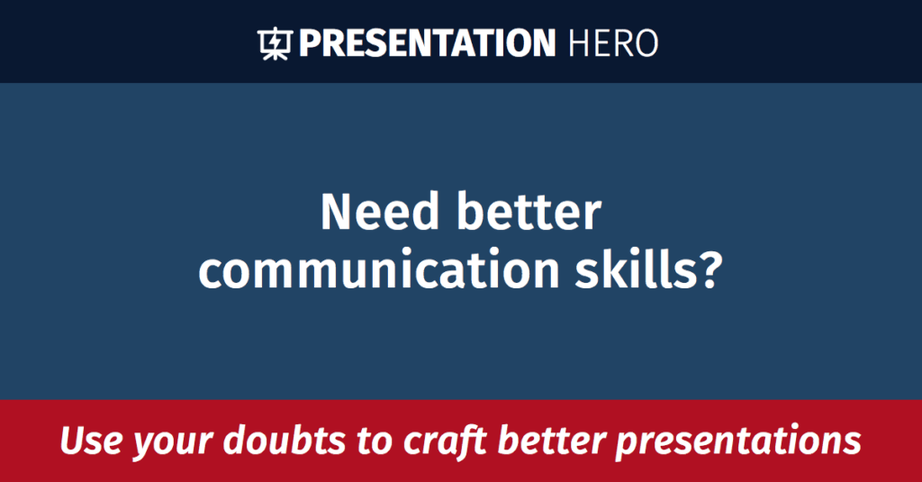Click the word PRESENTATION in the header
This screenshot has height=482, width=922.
click(x=427, y=43)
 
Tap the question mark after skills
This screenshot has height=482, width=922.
click(x=709, y=270)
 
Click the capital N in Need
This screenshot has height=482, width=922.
click(x=336, y=213)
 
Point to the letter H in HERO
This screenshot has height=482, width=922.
click(x=582, y=43)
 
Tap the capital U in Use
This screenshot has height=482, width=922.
click(x=71, y=441)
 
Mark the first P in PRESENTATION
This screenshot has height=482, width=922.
click(x=308, y=43)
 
